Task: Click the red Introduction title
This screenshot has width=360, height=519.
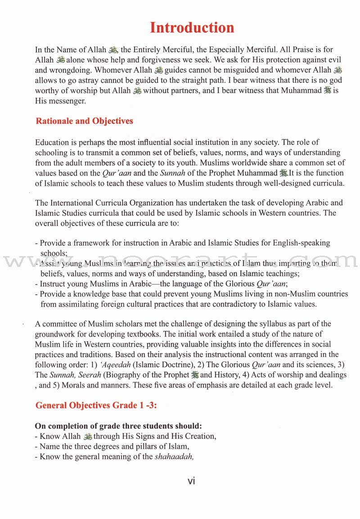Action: [192, 27]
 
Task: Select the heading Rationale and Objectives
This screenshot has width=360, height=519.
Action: [84, 121]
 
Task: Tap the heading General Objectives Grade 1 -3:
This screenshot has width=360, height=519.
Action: [96, 405]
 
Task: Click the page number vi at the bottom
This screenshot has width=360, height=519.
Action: [191, 481]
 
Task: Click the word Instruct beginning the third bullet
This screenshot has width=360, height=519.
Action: [54, 284]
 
